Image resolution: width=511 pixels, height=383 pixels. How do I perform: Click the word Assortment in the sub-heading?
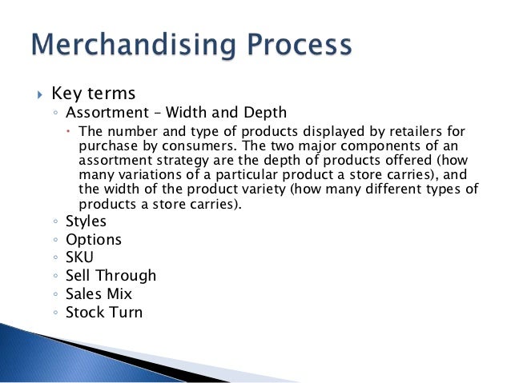click(103, 112)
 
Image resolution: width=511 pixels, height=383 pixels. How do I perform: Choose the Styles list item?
click(86, 221)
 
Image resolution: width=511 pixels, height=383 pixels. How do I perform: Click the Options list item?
click(93, 240)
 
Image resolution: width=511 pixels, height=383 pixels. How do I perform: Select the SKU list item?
click(81, 257)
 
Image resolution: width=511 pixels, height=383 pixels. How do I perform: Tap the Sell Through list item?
click(111, 276)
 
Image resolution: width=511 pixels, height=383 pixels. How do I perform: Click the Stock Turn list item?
click(104, 312)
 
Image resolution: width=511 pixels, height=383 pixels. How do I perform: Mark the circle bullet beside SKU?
click(54, 258)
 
